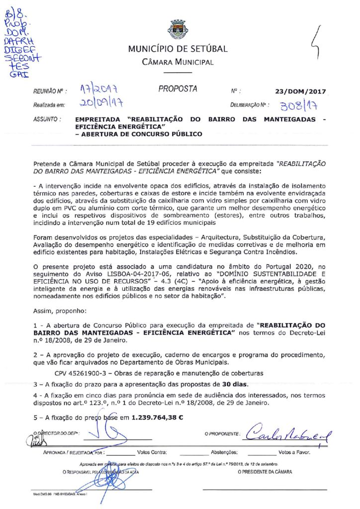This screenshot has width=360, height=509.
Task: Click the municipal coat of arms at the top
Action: pos(178,29)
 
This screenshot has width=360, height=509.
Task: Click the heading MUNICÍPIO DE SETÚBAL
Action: pos(178,49)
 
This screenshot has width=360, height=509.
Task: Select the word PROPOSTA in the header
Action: pos(178,89)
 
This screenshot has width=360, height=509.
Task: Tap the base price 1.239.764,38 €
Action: pos(157,417)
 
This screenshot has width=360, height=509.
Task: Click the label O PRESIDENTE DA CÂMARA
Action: pos(266,472)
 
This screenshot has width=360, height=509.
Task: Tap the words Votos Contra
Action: pos(152,453)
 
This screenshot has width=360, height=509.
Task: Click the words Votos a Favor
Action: pos(295,453)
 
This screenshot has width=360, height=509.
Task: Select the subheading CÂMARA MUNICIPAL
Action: pos(178,62)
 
